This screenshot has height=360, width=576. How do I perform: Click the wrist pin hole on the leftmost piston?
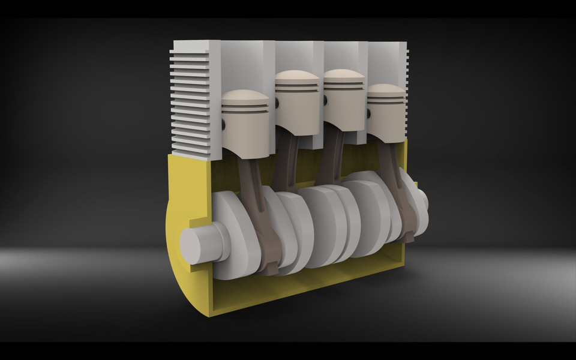pyautogui.click(x=224, y=124)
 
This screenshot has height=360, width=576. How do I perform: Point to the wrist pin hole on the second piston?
pyautogui.click(x=278, y=103)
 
